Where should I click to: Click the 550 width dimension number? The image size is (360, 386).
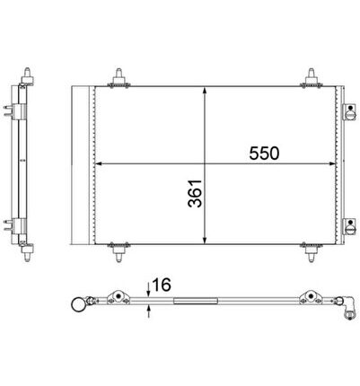(x=264, y=154)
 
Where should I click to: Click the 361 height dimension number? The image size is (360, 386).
(x=195, y=193)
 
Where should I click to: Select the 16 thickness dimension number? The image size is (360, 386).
(x=162, y=285)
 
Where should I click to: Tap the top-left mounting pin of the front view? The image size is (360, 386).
(x=119, y=78)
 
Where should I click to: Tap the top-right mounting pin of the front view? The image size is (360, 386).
(x=312, y=78)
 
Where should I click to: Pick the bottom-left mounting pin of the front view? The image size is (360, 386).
(x=119, y=252)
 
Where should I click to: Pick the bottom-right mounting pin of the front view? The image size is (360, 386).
(x=312, y=252)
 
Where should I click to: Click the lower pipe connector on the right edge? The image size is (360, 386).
(x=349, y=226)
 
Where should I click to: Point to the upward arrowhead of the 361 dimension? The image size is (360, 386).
(x=205, y=91)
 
